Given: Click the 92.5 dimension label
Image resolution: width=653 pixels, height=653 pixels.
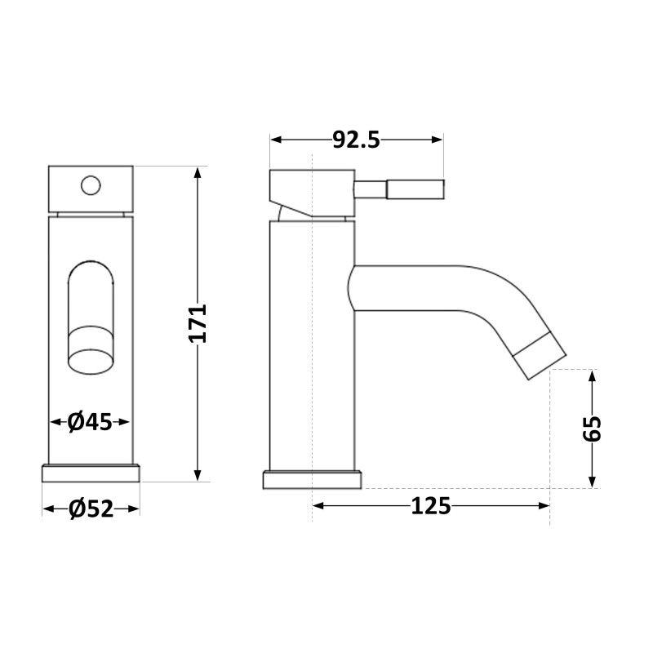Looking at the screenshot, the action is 356,140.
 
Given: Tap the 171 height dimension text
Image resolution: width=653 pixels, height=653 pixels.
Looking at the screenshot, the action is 198,323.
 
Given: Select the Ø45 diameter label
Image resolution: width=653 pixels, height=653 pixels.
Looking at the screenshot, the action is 90,422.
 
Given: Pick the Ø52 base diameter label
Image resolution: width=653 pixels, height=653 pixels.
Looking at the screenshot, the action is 91,509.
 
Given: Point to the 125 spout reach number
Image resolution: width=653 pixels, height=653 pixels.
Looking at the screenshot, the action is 431,506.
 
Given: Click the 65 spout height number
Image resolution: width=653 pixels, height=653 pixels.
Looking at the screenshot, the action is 593,429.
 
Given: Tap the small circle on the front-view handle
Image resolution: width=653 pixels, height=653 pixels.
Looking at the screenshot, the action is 91,185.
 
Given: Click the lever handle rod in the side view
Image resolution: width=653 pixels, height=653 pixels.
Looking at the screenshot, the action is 399,189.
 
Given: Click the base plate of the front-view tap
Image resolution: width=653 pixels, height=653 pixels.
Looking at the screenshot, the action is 91,473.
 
